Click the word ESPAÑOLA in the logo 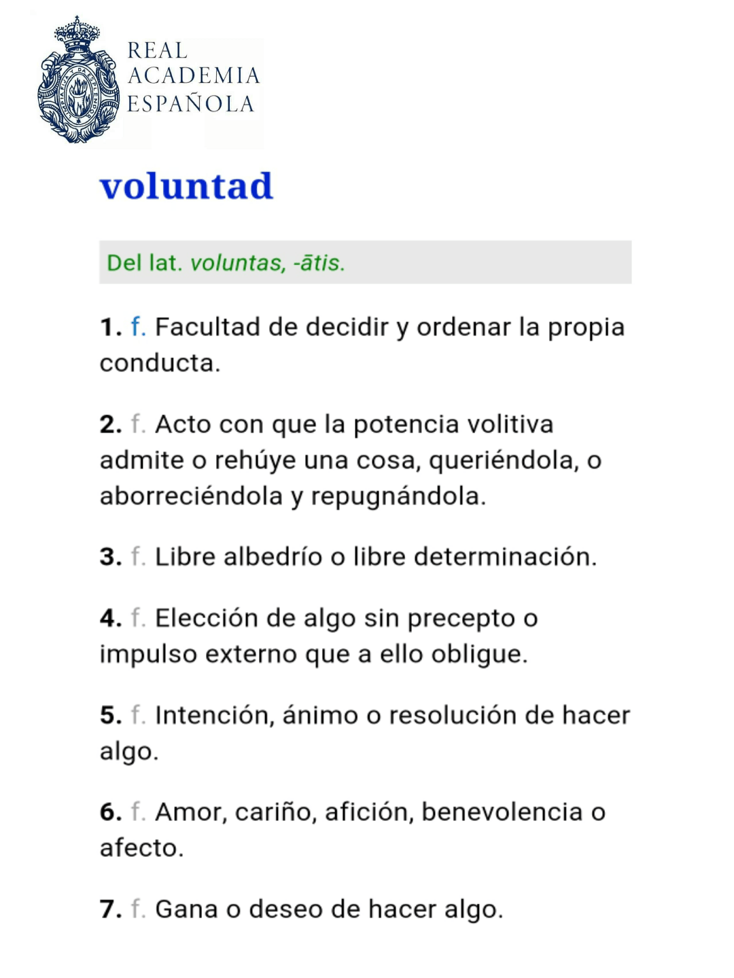pos(191,104)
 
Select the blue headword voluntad pos(187,186)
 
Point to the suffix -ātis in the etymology pos(319,263)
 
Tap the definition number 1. pos(109,327)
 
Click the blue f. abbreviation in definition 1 pos(138,327)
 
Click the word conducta pos(160,363)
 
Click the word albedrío pos(273,557)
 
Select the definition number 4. pos(109,619)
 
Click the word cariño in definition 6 pos(275,812)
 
